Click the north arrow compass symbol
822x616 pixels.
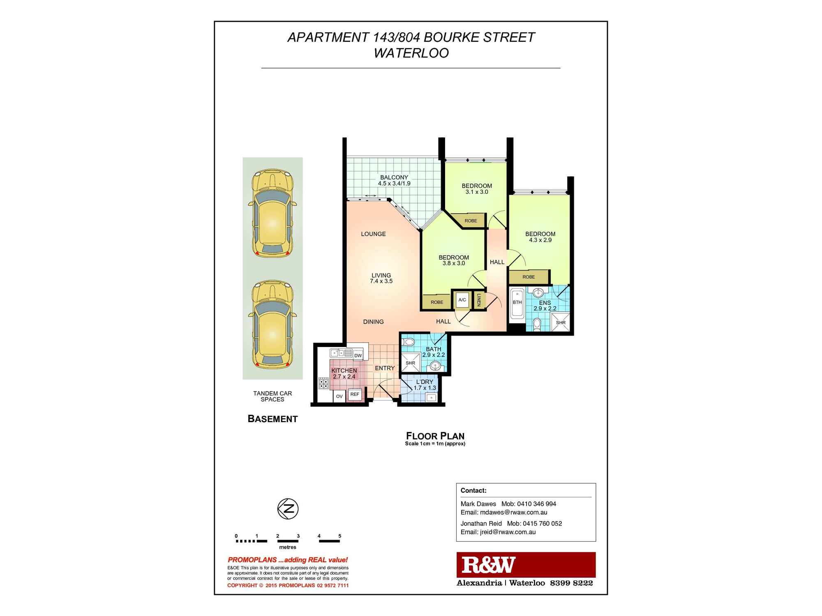pos(288,509)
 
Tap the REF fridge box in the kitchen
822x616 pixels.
pos(355,394)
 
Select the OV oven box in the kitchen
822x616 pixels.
pos(339,396)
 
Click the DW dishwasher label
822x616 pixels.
pos(358,356)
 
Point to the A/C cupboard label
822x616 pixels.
pos(462,300)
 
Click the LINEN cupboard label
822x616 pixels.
pos(479,300)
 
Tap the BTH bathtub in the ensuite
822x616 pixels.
pos(517,304)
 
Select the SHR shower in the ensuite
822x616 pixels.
pos(561,322)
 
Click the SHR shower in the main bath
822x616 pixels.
pos(410,363)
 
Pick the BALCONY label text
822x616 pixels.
pos(394,177)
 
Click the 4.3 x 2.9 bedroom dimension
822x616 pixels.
pos(540,240)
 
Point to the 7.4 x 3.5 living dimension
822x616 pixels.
pos(381,281)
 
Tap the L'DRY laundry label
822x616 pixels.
pos(425,382)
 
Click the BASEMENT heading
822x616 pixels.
pos(272,419)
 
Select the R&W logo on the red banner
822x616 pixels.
pos(488,565)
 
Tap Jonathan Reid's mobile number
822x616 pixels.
pos(543,524)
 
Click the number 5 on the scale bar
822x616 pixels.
pos(339,536)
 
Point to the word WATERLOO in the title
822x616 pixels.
pos(411,53)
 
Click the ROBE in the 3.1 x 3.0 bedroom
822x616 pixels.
pos(471,221)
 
